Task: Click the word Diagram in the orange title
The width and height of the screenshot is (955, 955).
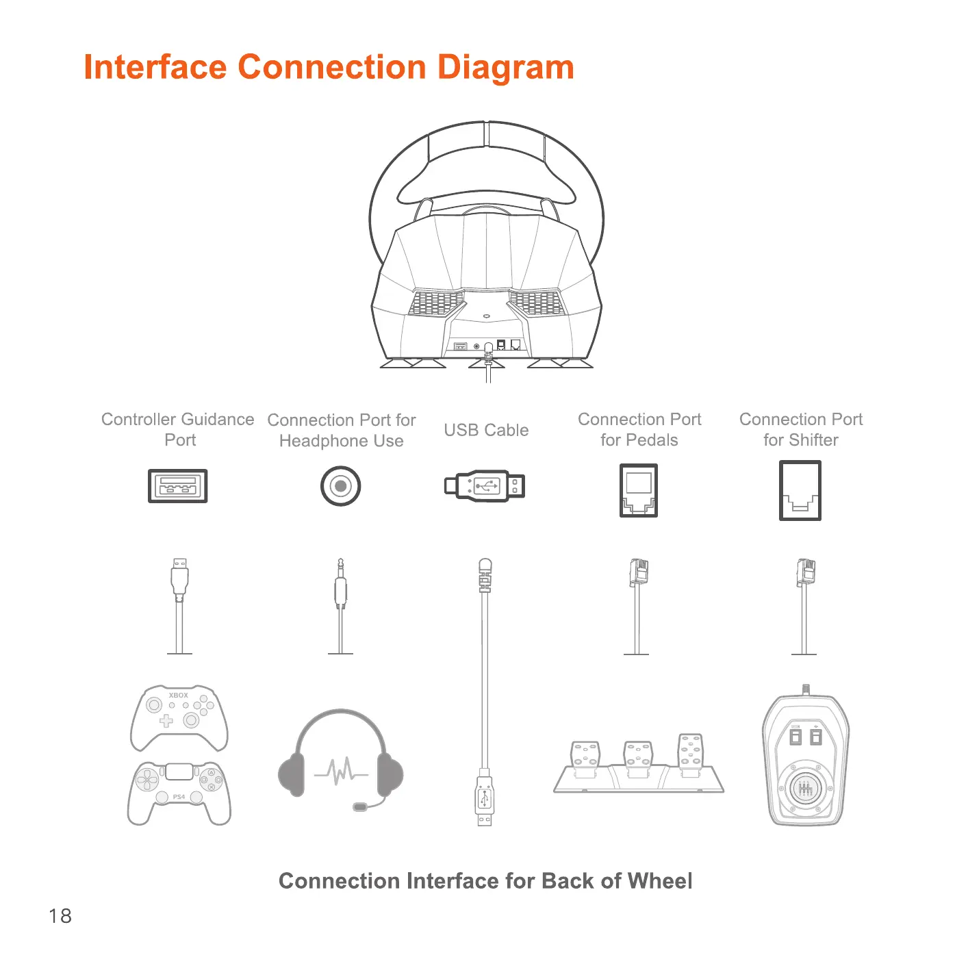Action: pyautogui.click(x=505, y=67)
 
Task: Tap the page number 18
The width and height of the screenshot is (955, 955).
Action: pyautogui.click(x=60, y=916)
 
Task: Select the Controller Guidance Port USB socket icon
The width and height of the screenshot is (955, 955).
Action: pyautogui.click(x=178, y=486)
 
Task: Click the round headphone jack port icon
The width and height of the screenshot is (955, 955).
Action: pyautogui.click(x=340, y=486)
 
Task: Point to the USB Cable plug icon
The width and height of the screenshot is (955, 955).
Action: pyautogui.click(x=485, y=486)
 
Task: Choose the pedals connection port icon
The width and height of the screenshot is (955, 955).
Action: pyautogui.click(x=639, y=490)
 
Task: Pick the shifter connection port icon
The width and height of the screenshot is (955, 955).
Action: pyautogui.click(x=800, y=490)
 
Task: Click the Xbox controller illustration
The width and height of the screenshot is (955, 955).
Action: pyautogui.click(x=179, y=717)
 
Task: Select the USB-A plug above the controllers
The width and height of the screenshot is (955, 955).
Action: pyautogui.click(x=179, y=575)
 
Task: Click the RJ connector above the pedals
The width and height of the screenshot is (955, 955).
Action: pyautogui.click(x=639, y=572)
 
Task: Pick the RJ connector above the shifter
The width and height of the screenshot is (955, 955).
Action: pyautogui.click(x=806, y=572)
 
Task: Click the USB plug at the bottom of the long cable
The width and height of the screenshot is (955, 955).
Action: pyautogui.click(x=485, y=801)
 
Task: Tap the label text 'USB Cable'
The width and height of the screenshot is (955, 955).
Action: pyautogui.click(x=486, y=430)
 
